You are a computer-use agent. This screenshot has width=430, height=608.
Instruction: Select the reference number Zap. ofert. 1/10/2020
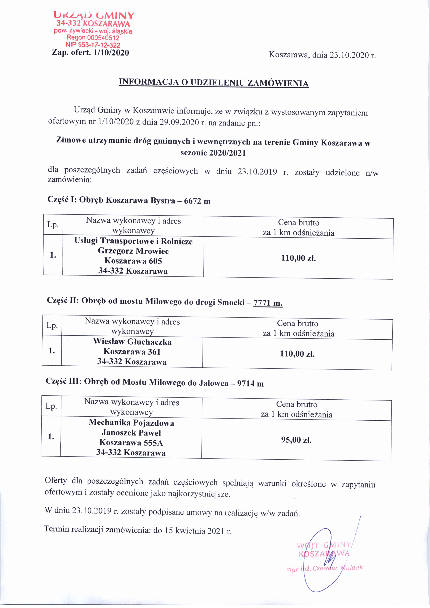(x=91, y=52)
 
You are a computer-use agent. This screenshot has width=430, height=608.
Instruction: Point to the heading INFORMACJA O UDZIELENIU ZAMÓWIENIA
(x=214, y=83)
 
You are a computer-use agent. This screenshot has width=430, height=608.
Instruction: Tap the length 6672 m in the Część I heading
(x=197, y=201)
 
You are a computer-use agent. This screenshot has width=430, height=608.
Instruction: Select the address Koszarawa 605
(x=133, y=261)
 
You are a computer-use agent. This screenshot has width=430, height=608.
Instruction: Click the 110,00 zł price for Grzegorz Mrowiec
(x=298, y=258)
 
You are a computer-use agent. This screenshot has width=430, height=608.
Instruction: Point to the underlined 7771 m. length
(x=268, y=302)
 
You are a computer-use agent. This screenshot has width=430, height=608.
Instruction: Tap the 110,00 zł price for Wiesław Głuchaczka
(x=297, y=354)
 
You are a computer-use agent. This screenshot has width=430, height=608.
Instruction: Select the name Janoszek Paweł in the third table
(x=131, y=433)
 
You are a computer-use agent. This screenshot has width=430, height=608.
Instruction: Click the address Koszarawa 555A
(x=131, y=442)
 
